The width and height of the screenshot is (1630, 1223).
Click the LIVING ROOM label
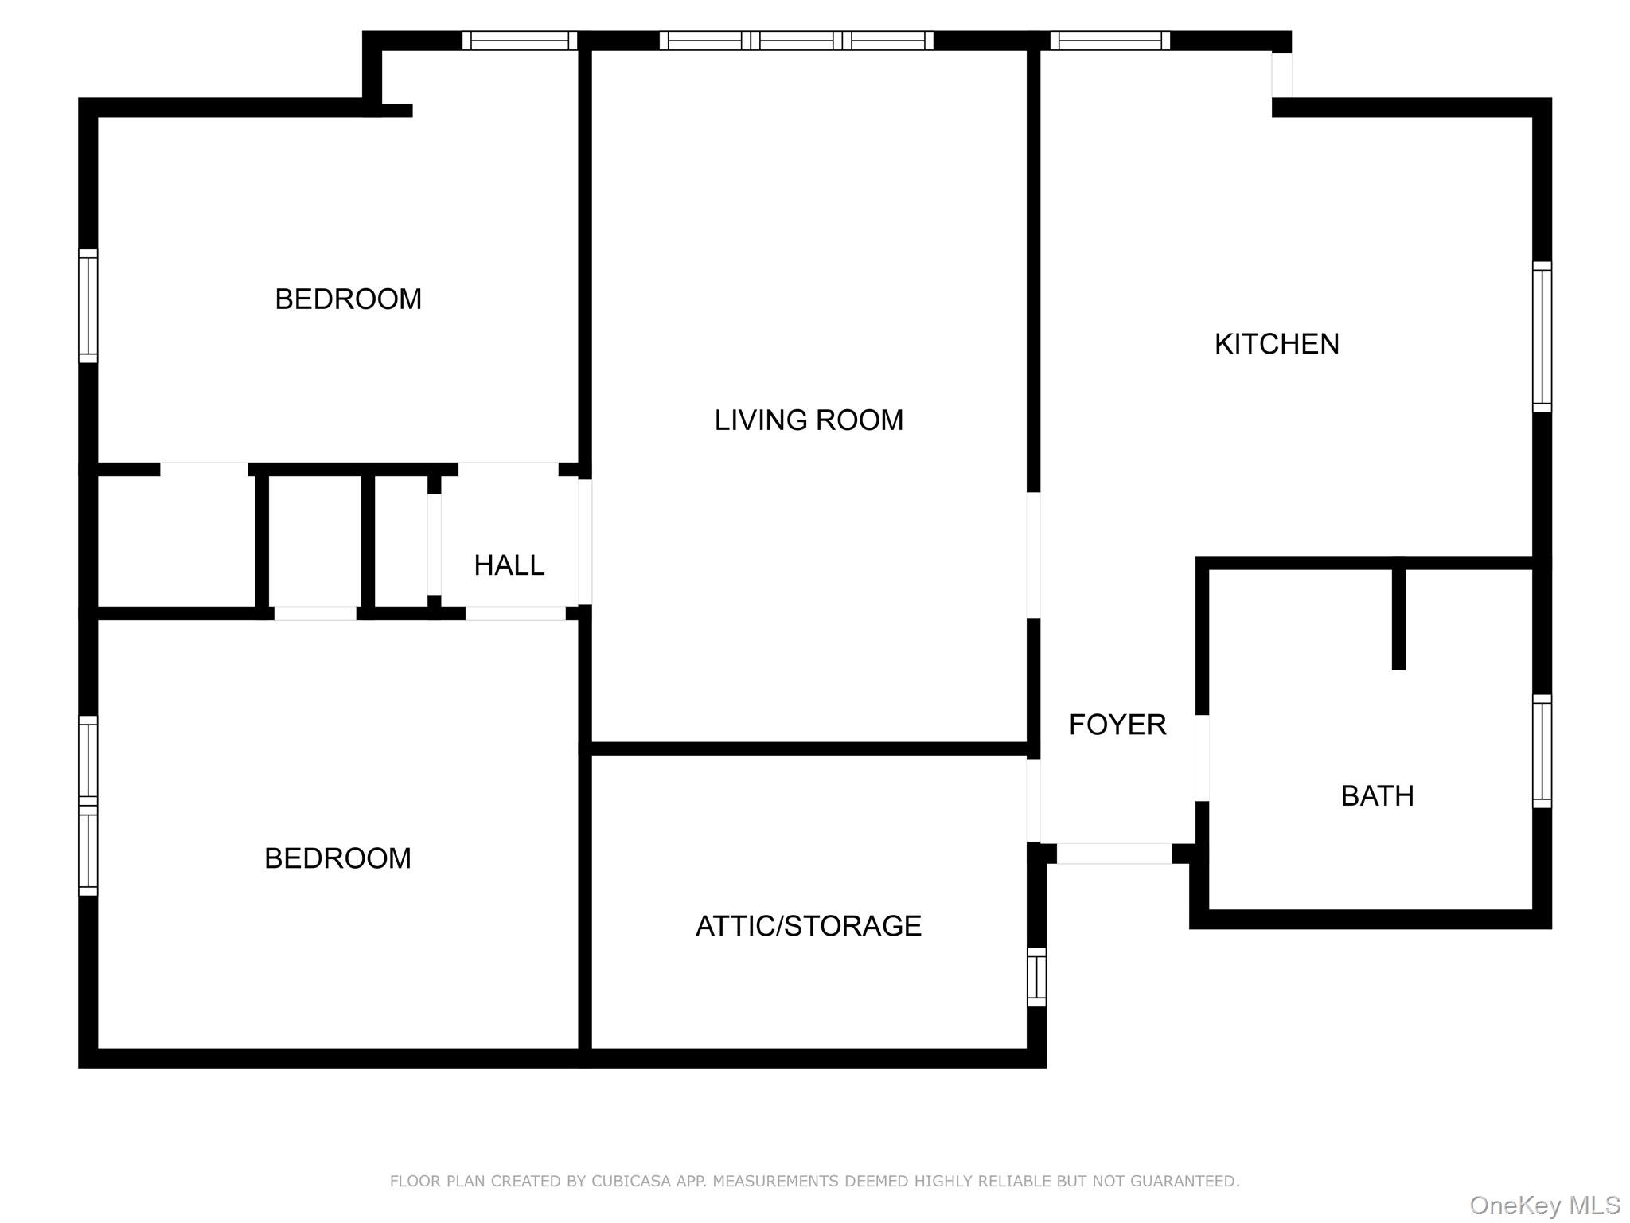(x=809, y=420)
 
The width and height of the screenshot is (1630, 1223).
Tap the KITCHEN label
(x=1277, y=344)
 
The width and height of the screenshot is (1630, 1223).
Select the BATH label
(x=1377, y=796)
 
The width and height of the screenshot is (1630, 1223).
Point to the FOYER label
(x=1117, y=725)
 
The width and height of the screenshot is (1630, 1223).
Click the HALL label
(x=509, y=565)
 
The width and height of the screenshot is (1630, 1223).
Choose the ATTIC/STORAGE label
(x=809, y=926)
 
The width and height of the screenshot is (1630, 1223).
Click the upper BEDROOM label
(x=348, y=299)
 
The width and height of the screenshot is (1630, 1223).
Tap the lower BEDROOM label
(x=337, y=858)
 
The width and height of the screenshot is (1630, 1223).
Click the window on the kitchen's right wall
(x=1542, y=337)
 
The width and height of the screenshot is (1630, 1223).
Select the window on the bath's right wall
(x=1542, y=752)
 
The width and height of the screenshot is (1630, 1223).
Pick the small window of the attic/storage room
(x=1036, y=977)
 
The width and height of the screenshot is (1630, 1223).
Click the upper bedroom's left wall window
(x=88, y=306)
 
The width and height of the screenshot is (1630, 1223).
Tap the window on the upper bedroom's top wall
(x=520, y=41)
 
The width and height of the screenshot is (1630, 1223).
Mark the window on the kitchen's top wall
(x=1110, y=41)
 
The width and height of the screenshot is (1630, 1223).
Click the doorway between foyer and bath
(x=1202, y=758)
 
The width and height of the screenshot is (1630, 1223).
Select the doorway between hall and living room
(x=585, y=541)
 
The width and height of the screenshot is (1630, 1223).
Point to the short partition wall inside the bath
(x=1398, y=618)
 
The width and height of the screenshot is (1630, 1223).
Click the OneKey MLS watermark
(x=1545, y=1205)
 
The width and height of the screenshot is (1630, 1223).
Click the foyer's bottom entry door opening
(x=1114, y=854)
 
